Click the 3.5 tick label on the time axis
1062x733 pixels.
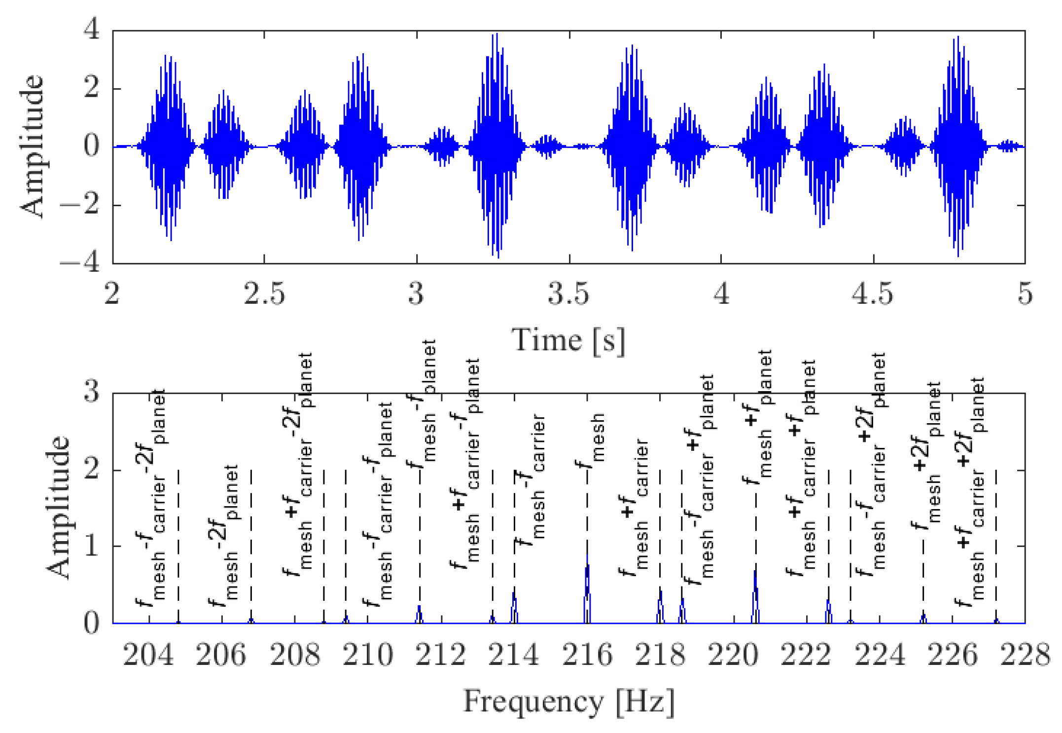tap(568, 294)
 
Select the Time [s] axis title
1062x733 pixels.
tap(568, 341)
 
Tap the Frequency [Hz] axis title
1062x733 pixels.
tap(568, 701)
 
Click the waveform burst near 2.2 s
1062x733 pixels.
tap(168, 147)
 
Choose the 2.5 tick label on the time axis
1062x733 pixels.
tap(264, 294)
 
